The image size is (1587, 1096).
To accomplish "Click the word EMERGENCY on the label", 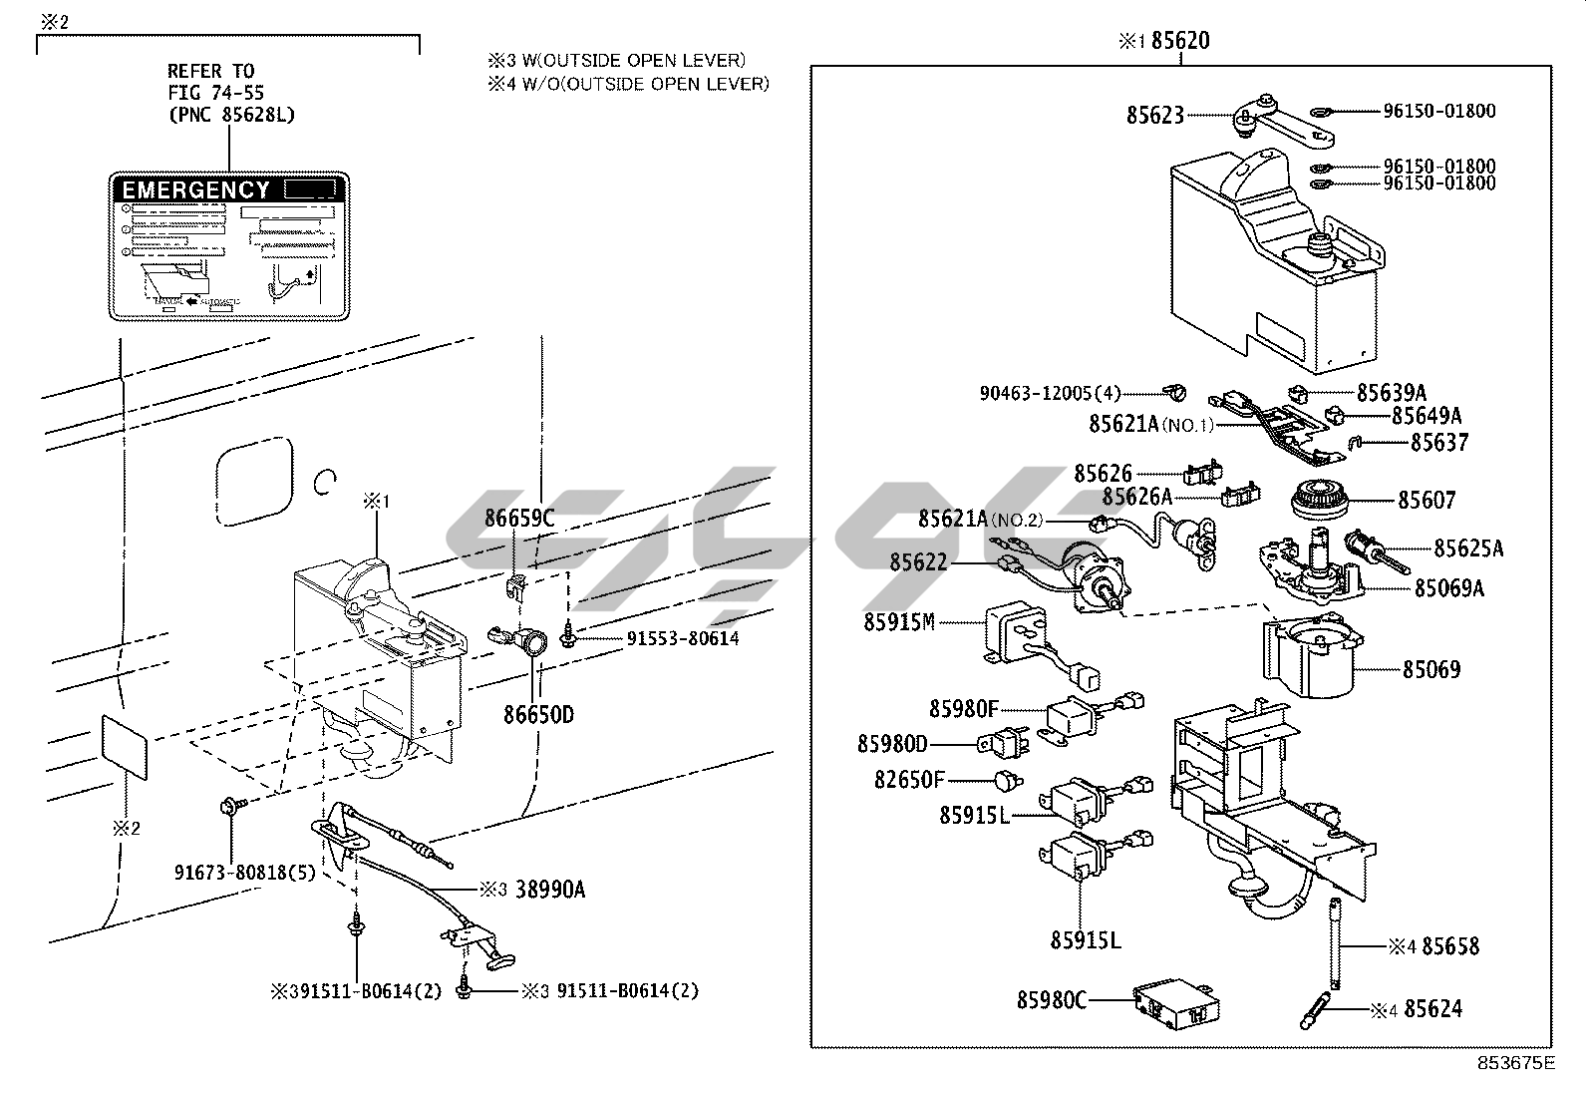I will tap(195, 189).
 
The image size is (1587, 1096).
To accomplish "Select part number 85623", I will tap(1154, 116).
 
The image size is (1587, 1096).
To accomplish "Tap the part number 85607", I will tap(1426, 501).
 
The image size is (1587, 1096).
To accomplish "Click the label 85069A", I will tap(1448, 588).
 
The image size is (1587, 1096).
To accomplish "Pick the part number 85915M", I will tap(898, 622).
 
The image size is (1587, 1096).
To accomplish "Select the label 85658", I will tap(1450, 945).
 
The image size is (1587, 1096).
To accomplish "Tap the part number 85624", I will tap(1432, 1009).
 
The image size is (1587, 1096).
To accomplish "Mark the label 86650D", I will tap(537, 714).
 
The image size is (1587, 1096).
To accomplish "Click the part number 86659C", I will tap(519, 518).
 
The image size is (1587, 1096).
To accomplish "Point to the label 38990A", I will tap(550, 890).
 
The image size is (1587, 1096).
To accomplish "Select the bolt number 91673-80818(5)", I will tap(244, 873).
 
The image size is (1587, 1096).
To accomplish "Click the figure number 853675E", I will tap(1516, 1062).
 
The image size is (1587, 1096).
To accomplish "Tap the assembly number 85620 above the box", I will tap(1180, 41).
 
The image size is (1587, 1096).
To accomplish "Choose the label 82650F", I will tap(908, 780).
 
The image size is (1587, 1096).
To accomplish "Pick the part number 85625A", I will tap(1468, 548).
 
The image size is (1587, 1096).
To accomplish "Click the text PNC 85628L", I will tap(230, 115).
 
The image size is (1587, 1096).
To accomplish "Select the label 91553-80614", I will tap(683, 638).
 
